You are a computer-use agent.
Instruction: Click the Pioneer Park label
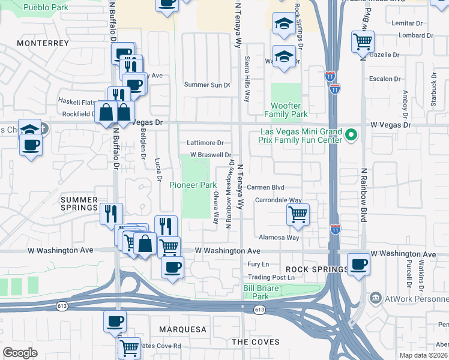point(192,185)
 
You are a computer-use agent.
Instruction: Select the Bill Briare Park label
point(264,292)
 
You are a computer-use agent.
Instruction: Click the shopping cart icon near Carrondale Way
point(298,214)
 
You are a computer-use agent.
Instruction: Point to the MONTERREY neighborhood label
point(43,43)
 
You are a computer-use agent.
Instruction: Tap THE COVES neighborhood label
point(256,342)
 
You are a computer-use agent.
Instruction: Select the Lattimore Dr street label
point(205,143)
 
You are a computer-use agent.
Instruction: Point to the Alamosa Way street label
point(278,238)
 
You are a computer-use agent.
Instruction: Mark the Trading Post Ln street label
point(272,277)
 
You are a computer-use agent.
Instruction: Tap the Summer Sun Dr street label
point(207,85)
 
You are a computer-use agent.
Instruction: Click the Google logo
point(20,352)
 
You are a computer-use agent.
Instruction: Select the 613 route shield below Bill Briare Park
point(259,310)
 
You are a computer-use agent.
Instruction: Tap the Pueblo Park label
point(45,8)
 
